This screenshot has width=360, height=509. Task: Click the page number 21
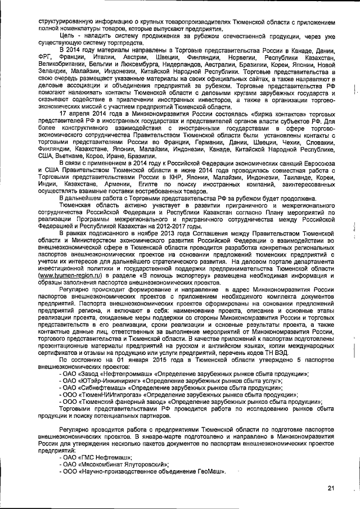[331, 488]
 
